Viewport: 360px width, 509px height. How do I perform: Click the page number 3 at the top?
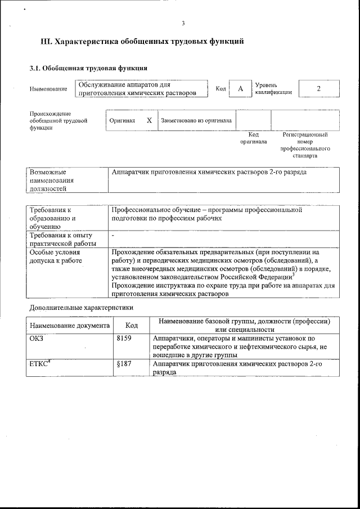pos(183,23)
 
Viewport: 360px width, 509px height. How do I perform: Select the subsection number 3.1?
pos(35,68)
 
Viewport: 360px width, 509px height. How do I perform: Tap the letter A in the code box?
pos(240,89)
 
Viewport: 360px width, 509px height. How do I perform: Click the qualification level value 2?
pos(319,88)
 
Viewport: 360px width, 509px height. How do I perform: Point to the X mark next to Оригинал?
pos(149,120)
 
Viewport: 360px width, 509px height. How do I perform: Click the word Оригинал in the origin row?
pos(122,120)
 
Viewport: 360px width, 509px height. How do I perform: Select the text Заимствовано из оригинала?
pos(196,120)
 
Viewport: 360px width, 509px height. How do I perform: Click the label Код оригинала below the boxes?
pos(254,138)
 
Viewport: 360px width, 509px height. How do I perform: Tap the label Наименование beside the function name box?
pos(47,89)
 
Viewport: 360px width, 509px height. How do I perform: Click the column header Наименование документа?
pos(69,325)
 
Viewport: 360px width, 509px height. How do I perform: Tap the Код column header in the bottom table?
pos(132,325)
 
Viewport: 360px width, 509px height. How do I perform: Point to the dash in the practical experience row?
pos(114,236)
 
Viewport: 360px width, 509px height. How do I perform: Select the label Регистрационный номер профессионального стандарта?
pos(305,145)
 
